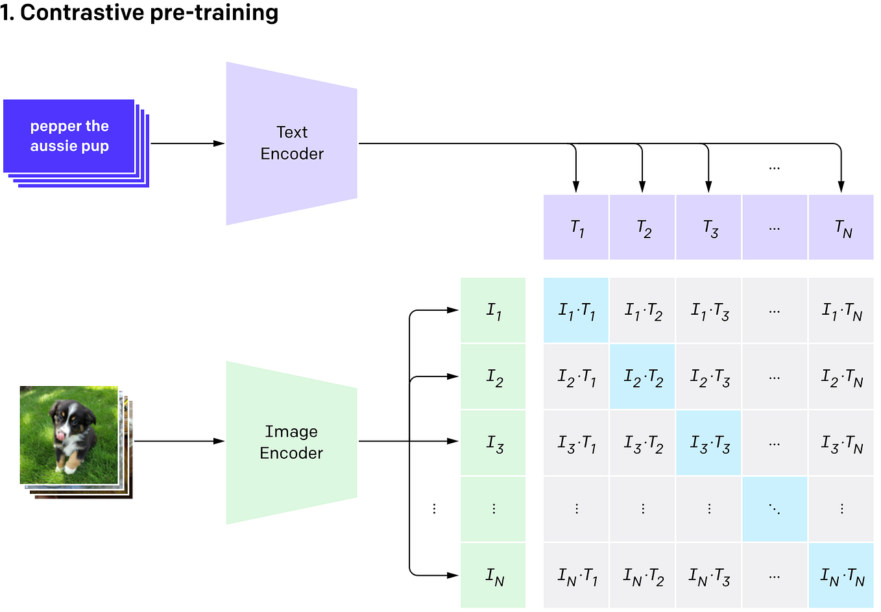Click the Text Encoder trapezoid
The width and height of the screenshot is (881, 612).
(291, 143)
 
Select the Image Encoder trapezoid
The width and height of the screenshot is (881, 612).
(291, 442)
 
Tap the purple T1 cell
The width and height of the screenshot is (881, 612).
(576, 228)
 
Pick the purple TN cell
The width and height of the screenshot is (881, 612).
(841, 228)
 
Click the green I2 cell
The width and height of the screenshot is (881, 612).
(493, 376)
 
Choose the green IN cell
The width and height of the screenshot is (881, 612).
(493, 576)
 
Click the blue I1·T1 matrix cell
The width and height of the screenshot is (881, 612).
(576, 311)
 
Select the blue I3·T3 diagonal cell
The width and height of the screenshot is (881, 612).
(708, 443)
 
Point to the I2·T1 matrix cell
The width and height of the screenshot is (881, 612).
(576, 377)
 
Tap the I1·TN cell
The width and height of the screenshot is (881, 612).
(841, 311)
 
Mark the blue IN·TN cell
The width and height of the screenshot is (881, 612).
(841, 576)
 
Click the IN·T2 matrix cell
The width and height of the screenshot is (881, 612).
(642, 576)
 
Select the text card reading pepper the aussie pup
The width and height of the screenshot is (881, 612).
(69, 136)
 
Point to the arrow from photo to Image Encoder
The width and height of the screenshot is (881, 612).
(178, 441)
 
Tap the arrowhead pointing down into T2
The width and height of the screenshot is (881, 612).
(642, 187)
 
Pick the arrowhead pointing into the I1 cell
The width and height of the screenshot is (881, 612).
(453, 310)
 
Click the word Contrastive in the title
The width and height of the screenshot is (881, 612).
(82, 12)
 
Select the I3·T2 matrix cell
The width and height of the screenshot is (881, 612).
(642, 443)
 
